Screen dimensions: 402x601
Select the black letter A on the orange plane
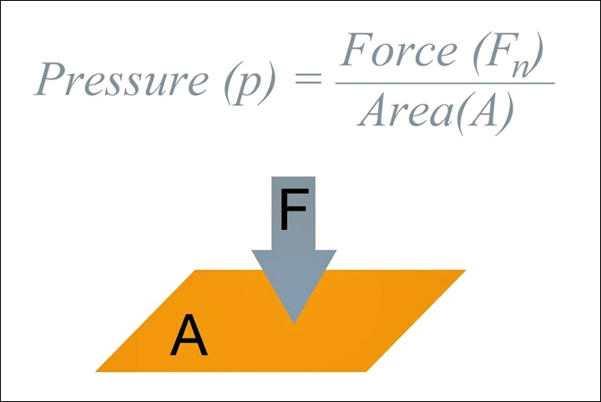click(x=189, y=338)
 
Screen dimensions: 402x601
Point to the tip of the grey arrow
click(x=294, y=323)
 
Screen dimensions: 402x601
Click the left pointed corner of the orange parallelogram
click(x=96, y=371)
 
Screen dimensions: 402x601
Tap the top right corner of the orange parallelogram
click(x=465, y=271)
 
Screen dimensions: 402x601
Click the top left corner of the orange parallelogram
click(x=195, y=271)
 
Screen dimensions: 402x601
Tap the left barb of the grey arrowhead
click(x=252, y=250)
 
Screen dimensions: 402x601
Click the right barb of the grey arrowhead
click(x=336, y=250)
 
